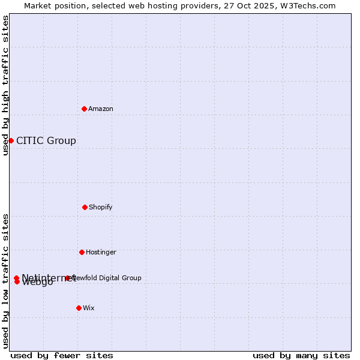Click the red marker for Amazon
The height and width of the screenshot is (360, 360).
pyautogui.click(x=84, y=109)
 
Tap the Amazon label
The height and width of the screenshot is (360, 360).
pyautogui.click(x=101, y=109)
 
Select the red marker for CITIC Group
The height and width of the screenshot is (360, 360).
pyautogui.click(x=11, y=140)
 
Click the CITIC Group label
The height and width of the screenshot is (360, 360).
pyautogui.click(x=46, y=141)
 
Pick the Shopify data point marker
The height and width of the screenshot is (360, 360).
pyautogui.click(x=85, y=207)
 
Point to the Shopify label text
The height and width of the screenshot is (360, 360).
pyautogui.click(x=101, y=207)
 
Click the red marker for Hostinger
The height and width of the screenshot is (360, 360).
pyautogui.click(x=82, y=252)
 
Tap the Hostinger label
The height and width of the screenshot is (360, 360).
pyautogui.click(x=101, y=252)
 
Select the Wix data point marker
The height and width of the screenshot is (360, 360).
pyautogui.click(x=79, y=308)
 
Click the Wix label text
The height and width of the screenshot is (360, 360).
pyautogui.click(x=89, y=308)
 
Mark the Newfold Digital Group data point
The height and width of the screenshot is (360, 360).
pyautogui.click(x=67, y=278)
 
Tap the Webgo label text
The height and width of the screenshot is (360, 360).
pyautogui.click(x=38, y=283)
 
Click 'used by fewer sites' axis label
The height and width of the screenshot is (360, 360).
pyautogui.click(x=62, y=355)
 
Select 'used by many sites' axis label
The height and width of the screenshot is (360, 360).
pyautogui.click(x=301, y=355)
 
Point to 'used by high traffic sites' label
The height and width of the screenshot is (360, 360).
pyautogui.click(x=6, y=85)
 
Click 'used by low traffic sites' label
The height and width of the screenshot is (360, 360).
pyautogui.click(x=6, y=281)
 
